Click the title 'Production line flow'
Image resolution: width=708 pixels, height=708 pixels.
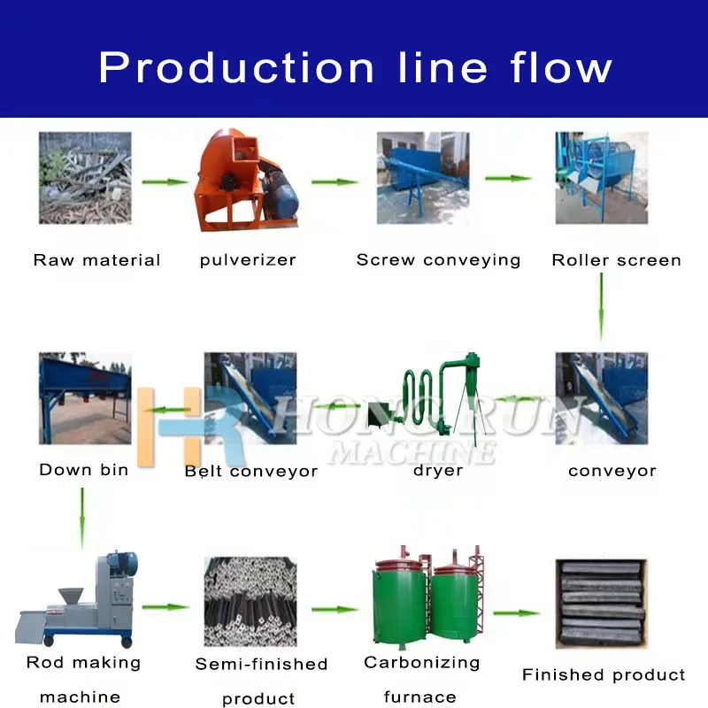(355, 68)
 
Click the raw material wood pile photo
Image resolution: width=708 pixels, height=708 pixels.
(85, 178)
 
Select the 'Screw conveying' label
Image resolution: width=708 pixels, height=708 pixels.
(438, 260)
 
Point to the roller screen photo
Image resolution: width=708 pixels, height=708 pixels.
(601, 178)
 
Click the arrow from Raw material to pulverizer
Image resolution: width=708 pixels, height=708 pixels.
(167, 182)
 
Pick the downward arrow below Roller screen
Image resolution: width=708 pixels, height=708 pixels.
(601, 306)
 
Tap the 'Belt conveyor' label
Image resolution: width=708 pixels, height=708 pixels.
(250, 471)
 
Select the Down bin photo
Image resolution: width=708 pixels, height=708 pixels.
(85, 399)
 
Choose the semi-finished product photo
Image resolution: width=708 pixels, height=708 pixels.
(250, 602)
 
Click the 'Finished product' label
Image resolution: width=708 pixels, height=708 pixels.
(604, 675)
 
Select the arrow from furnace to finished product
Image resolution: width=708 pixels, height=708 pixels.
(516, 612)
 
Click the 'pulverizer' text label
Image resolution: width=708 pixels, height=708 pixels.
(248, 260)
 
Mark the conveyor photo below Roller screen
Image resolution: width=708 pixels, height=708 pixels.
(601, 398)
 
